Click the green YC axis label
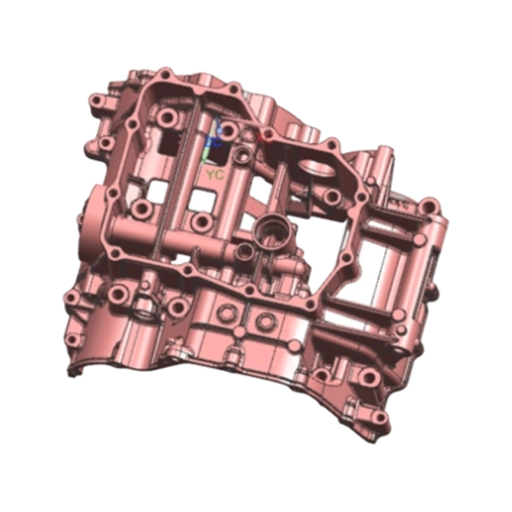(214, 174)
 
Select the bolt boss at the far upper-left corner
(97, 102)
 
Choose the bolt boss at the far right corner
(429, 207)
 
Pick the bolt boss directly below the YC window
(203, 222)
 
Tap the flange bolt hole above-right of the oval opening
(332, 146)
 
